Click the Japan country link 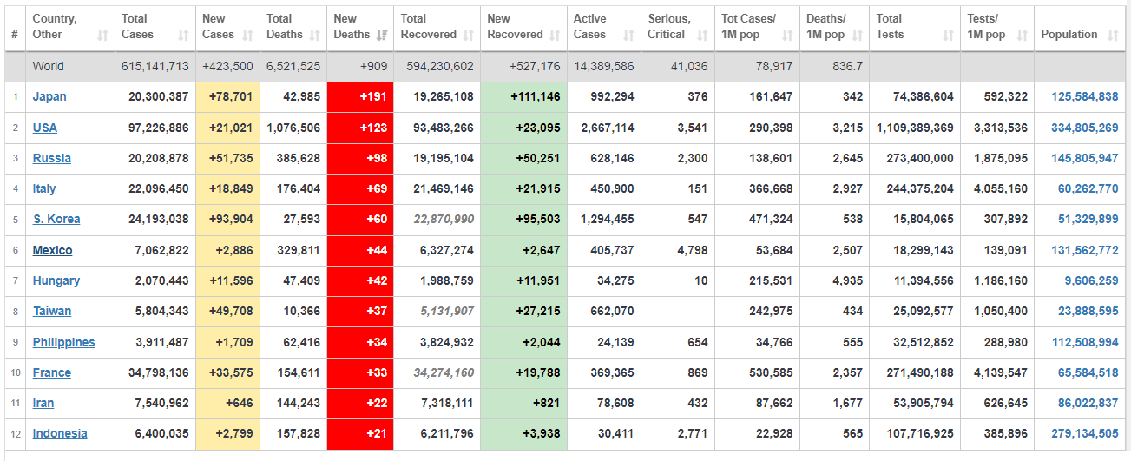coord(49,97)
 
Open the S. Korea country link coord(56,219)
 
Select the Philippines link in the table coord(63,342)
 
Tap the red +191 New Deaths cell coord(360,97)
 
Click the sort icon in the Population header coord(1114,35)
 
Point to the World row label coord(49,66)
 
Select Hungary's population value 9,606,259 coord(1091,280)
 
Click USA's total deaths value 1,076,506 coord(293,128)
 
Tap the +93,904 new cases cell coord(231,219)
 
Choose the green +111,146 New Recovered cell coord(523,97)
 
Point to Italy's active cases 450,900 coord(612,189)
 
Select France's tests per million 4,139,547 coord(1001,372)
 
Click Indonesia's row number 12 coord(16,434)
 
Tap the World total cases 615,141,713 coord(155,66)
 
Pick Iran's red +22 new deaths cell coord(360,404)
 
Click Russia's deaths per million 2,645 coord(848,159)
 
